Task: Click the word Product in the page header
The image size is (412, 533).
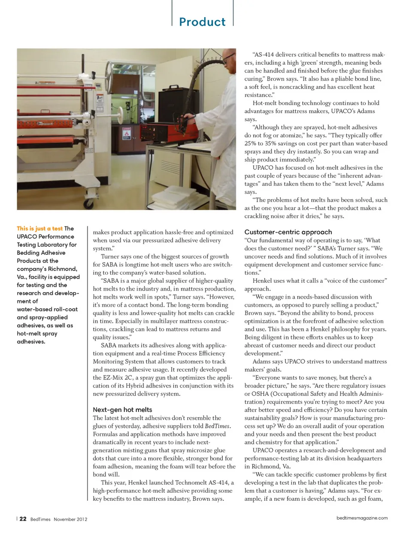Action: (x=202, y=22)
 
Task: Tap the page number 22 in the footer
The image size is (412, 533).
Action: (x=23, y=519)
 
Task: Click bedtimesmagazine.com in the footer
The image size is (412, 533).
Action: (x=362, y=518)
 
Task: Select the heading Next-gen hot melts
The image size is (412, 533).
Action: (x=122, y=410)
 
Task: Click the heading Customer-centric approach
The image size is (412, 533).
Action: (x=288, y=232)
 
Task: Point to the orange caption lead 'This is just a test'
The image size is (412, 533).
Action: (x=39, y=229)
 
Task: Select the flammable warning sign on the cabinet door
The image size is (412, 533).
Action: (x=127, y=133)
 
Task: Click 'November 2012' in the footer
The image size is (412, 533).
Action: (x=70, y=519)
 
